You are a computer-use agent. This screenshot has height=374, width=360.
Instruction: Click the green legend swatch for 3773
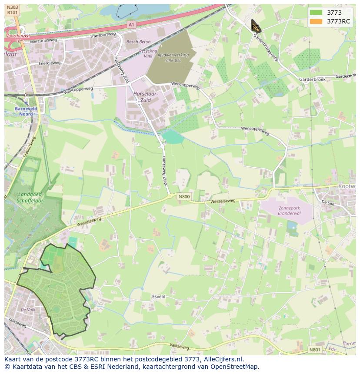pos(316,13)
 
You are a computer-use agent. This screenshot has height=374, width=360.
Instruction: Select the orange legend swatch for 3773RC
pos(316,21)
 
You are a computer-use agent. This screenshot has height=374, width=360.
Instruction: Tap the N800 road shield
pos(184,197)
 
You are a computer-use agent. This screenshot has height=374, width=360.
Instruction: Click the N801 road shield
pos(315,349)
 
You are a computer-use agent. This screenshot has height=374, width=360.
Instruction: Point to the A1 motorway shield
pos(131,25)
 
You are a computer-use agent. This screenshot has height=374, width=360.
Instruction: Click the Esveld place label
pos(159,297)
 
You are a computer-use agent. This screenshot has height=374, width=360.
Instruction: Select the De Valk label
pos(28,310)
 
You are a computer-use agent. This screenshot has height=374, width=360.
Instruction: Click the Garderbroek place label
pos(312,79)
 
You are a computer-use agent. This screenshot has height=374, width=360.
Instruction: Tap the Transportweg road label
pos(102,35)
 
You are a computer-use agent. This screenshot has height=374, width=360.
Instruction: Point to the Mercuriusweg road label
pos(43,40)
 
